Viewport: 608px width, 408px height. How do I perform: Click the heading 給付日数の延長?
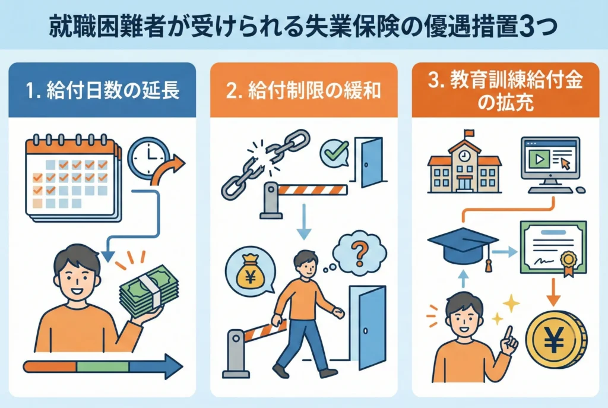click(102, 90)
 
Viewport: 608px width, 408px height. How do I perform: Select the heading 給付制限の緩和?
click(303, 90)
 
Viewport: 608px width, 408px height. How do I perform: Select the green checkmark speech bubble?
click(334, 153)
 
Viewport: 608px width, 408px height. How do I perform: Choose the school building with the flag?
click(464, 162)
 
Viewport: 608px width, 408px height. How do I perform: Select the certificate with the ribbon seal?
click(553, 248)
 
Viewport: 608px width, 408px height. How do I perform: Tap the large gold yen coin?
click(555, 340)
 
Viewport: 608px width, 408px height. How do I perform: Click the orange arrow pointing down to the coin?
click(553, 292)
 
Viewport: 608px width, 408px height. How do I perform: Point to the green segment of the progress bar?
click(103, 366)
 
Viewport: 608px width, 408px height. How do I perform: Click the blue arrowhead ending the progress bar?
click(174, 366)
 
